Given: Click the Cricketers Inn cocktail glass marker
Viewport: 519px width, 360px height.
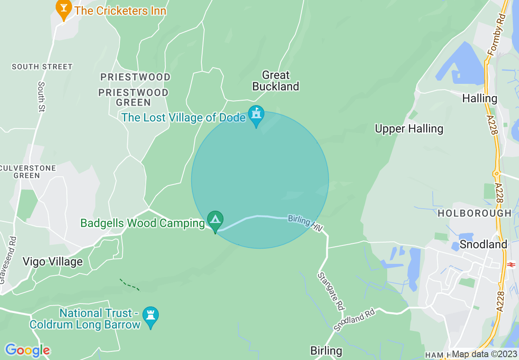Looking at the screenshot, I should tap(64, 9).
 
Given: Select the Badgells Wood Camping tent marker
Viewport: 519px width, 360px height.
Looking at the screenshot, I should tap(215, 220).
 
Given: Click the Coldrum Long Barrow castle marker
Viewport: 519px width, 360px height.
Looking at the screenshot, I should tap(151, 316).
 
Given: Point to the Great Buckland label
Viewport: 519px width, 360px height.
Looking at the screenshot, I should tap(275, 81).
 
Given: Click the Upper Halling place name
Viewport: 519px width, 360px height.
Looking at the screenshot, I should tap(409, 129).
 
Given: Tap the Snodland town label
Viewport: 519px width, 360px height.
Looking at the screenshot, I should tap(483, 244).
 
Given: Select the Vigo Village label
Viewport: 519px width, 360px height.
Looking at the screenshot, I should tap(52, 261).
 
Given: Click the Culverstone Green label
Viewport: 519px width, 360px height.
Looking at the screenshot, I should tap(27, 172).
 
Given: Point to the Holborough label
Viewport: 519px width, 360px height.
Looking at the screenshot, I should tap(474, 213).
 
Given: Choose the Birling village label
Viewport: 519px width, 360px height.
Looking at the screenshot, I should tap(326, 351).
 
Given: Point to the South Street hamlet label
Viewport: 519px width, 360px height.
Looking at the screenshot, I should tap(42, 67).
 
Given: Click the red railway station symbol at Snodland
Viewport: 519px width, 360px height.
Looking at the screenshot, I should tap(510, 265).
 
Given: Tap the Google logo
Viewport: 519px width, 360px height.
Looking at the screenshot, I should tap(27, 350).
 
